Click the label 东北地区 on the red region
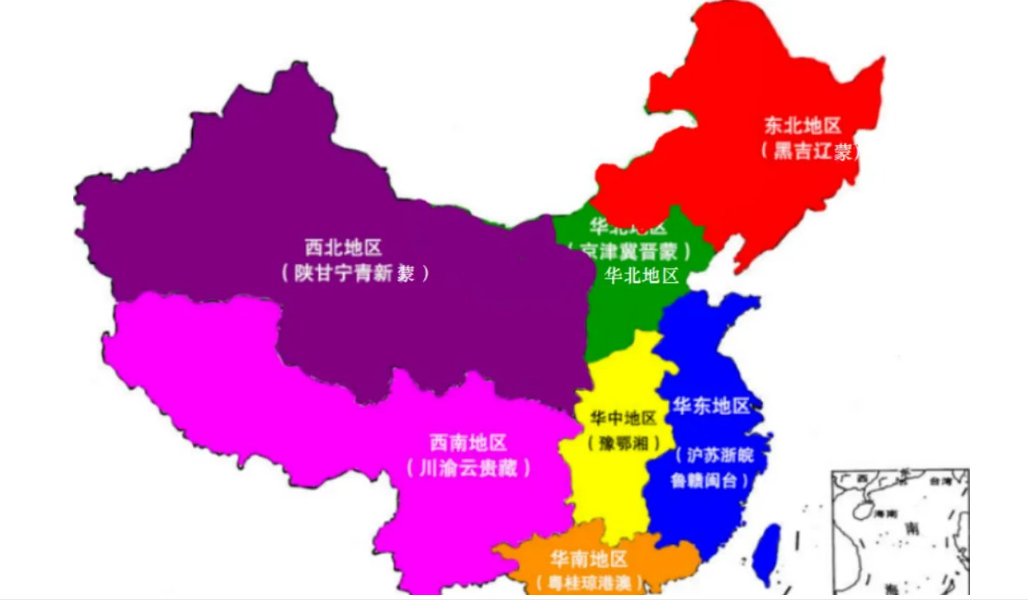point(802,125)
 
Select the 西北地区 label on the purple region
point(343,247)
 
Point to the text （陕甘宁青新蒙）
point(355,273)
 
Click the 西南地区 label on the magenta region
point(468,443)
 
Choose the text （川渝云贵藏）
point(468,468)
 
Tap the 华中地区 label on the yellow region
point(623,418)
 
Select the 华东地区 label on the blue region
point(711,406)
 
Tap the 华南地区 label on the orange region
point(589,559)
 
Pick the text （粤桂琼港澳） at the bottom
point(589,583)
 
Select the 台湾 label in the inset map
point(939,481)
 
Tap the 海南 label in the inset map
point(886,513)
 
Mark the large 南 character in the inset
point(913,528)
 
